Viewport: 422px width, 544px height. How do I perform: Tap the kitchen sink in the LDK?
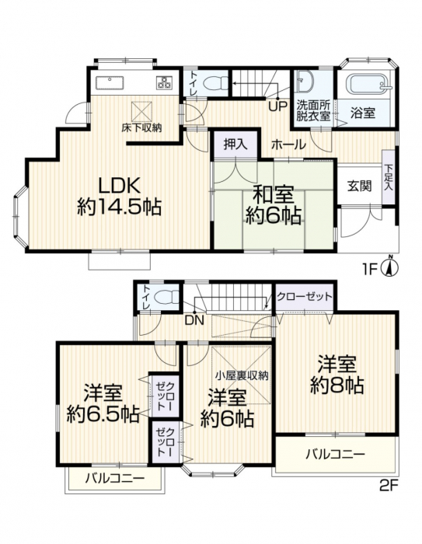tap(110, 82)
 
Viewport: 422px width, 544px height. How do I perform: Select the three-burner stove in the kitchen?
tap(165, 82)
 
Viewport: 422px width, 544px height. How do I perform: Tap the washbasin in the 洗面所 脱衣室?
tap(305, 82)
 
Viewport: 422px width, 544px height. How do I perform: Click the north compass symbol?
tap(390, 267)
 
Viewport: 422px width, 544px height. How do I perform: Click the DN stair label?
tap(194, 321)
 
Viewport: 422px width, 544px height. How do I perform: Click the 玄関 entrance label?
tap(359, 187)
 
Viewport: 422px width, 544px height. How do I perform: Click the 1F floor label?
tap(370, 269)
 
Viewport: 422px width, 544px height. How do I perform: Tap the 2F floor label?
tap(389, 485)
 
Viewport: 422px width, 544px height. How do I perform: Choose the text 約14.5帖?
tap(119, 207)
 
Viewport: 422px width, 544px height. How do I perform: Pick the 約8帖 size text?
tap(337, 385)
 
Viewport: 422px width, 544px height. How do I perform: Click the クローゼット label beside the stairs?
tap(305, 297)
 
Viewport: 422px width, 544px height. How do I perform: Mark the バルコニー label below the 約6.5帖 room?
tap(115, 479)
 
